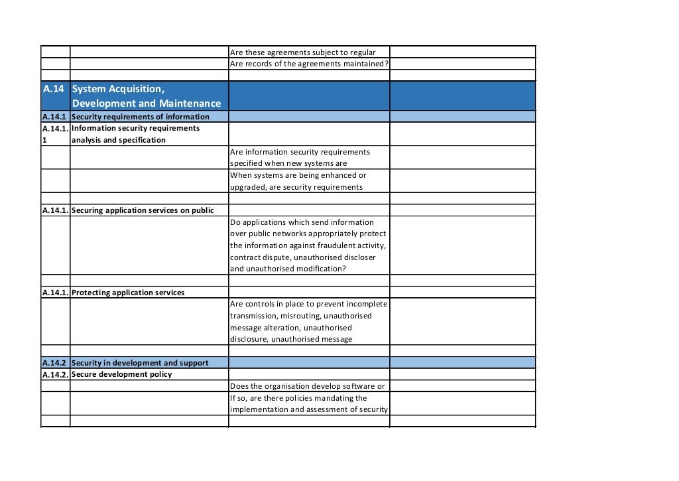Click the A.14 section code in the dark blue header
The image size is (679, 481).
[54, 89]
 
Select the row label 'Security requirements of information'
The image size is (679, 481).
[140, 117]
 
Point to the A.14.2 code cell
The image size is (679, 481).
[54, 363]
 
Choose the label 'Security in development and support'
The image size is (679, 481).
[140, 363]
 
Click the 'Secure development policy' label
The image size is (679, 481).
[121, 374]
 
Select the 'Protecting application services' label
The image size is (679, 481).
[128, 293]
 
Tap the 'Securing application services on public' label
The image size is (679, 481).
[143, 210]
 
